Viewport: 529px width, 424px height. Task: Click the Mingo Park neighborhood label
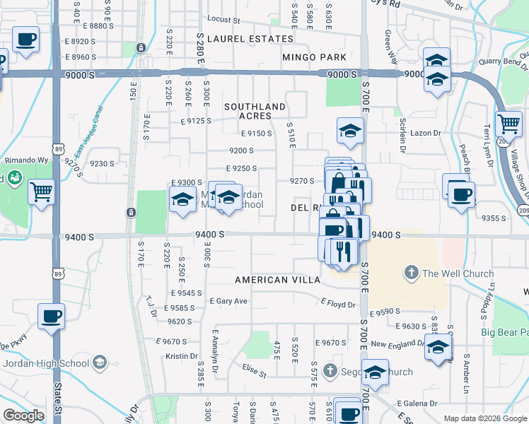coord(314,57)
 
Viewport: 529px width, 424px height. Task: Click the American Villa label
coord(277,280)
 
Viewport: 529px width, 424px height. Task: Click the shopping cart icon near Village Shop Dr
coord(509,125)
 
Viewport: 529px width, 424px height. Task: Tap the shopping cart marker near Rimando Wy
coord(42,191)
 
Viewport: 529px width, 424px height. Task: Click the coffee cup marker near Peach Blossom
coord(461,192)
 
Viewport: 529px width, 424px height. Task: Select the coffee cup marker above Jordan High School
coord(50,316)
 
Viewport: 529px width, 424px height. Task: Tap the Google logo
coord(23,416)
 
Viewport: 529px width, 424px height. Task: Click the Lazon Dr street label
coord(426,133)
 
